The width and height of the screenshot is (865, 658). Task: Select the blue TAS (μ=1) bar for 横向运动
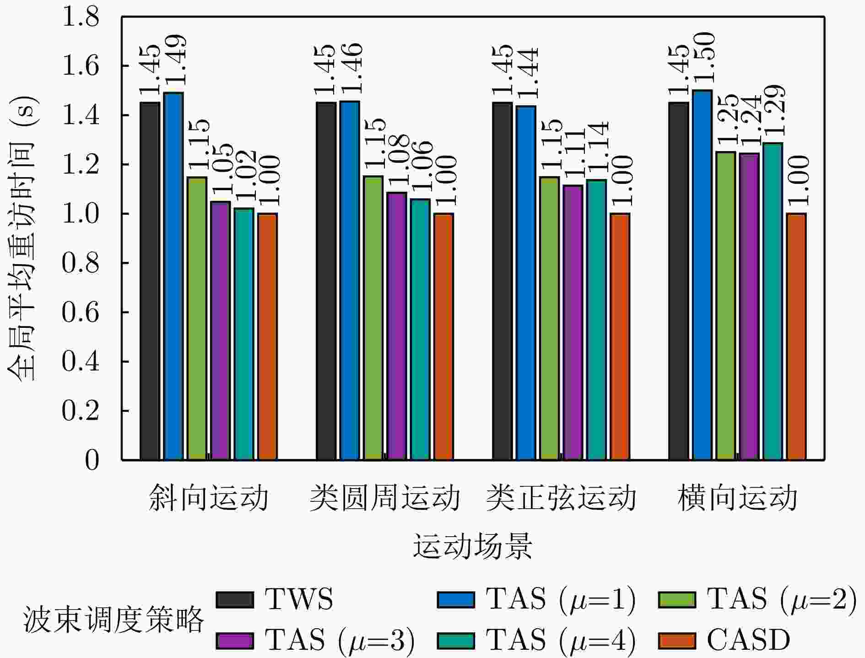702,275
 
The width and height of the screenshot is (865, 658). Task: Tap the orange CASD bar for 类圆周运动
443,337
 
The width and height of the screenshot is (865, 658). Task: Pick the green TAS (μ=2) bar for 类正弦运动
549,318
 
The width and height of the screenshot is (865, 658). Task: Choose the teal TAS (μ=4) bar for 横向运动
773,301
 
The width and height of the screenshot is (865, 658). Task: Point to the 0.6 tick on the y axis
81,312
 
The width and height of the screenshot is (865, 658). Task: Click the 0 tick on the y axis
92,460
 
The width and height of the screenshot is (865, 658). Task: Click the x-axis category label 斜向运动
209,498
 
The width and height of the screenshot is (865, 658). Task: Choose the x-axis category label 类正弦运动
561,498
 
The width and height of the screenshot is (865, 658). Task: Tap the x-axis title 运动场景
473,546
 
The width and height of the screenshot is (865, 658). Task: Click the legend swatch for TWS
235,600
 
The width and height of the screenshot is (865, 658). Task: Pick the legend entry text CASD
748,640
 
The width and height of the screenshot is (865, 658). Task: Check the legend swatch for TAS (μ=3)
235,641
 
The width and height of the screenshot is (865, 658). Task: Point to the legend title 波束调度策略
113,620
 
